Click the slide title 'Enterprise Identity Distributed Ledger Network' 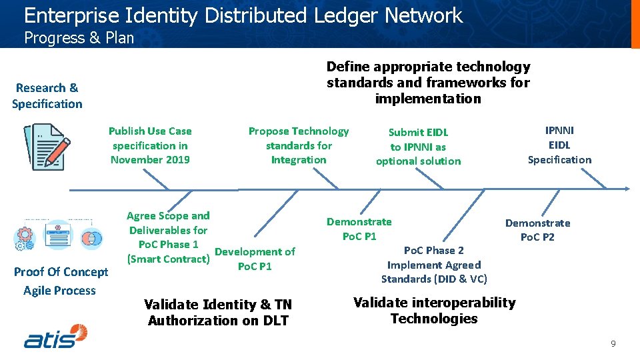click(243, 15)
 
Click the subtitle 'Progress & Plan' click(79, 38)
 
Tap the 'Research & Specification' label click(47, 95)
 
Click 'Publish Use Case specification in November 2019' click(150, 145)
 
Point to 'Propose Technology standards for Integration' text click(298, 145)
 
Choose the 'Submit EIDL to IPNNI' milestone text click(418, 147)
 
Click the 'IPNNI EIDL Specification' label click(559, 145)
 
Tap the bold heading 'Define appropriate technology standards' click(428, 83)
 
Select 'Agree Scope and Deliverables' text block click(168, 237)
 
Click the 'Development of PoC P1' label click(255, 259)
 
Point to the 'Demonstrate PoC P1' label click(359, 229)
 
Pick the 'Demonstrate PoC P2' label click(537, 230)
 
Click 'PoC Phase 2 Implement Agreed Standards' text click(434, 265)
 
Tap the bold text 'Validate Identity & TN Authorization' click(218, 312)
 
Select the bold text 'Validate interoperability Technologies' click(434, 311)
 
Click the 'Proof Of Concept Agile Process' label click(60, 281)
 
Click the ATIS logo click(56, 336)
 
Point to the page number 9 click(613, 344)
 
